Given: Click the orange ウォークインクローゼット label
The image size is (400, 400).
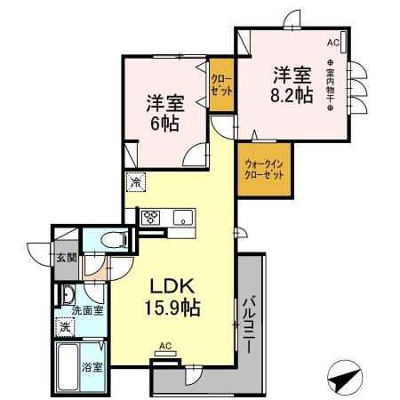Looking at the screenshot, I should (264, 168).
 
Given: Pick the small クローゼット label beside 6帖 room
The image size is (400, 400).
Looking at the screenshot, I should (221, 85).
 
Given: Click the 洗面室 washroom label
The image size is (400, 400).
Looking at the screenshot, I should (86, 310).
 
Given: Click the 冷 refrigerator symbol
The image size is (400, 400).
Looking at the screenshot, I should (134, 182).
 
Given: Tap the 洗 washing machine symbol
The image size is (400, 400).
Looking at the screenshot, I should (65, 326).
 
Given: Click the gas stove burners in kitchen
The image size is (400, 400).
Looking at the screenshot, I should (150, 217).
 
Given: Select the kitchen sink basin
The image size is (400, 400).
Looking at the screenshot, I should (182, 217).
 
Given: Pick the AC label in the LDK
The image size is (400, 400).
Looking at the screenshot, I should (164, 345).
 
